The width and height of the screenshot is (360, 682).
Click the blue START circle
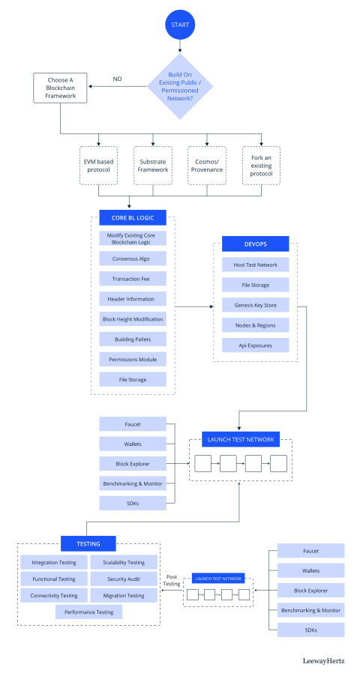(180, 24)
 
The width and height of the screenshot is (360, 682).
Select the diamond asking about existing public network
(180, 86)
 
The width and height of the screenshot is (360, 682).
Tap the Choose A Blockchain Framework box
(60, 88)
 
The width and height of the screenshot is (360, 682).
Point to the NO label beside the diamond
(118, 79)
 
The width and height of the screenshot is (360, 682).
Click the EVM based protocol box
(99, 165)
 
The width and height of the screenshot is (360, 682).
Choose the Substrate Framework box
(154, 165)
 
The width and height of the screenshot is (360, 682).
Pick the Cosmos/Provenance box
(207, 165)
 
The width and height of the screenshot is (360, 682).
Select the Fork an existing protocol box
(261, 165)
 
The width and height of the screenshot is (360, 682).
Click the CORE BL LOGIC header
(132, 217)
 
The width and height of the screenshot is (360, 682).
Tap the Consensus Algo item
(132, 259)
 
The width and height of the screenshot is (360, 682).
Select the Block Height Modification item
(132, 319)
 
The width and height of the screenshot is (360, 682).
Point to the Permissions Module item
(132, 360)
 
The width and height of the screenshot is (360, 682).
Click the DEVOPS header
(256, 244)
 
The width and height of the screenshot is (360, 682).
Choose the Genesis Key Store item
(256, 305)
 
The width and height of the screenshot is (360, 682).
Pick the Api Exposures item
(256, 345)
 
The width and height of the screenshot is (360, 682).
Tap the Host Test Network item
(256, 265)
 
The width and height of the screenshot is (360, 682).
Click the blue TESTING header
(88, 543)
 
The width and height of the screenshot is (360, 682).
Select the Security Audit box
(124, 579)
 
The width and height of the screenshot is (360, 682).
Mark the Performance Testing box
(88, 612)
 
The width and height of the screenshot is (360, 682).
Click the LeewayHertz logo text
(324, 661)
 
